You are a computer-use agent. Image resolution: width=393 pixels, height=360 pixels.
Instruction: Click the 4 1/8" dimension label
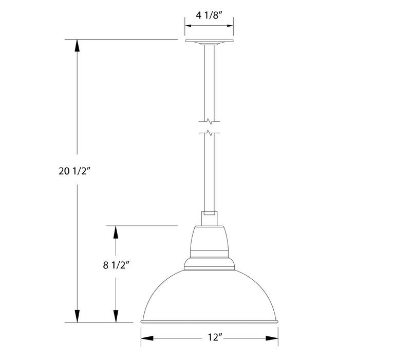[209, 15]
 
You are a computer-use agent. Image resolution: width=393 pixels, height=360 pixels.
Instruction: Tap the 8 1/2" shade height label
[116, 265]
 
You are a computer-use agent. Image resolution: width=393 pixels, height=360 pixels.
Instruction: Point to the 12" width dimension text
[209, 338]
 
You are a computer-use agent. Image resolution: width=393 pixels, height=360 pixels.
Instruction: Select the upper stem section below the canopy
[209, 82]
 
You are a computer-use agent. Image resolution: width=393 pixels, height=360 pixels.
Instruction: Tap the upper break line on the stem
[209, 122]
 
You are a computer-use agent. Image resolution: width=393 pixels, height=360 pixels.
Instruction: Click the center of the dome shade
[209, 296]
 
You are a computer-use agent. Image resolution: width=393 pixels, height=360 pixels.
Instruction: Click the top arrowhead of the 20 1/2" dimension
[77, 45]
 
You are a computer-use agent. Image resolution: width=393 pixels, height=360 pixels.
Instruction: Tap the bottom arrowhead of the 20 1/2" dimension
[77, 316]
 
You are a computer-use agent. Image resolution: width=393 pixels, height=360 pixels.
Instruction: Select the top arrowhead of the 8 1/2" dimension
[116, 231]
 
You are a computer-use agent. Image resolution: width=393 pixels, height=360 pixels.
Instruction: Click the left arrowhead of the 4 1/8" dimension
[188, 24]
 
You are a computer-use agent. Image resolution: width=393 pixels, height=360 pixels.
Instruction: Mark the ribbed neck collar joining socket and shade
[209, 263]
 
